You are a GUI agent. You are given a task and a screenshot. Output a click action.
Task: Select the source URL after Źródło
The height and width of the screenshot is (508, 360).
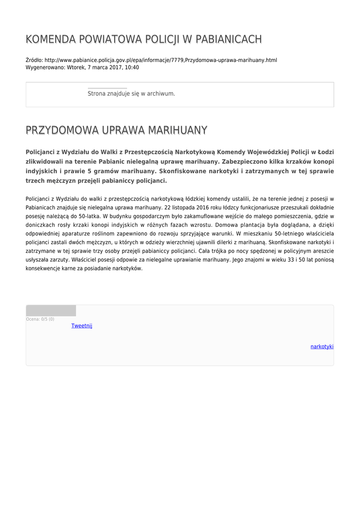[160, 60]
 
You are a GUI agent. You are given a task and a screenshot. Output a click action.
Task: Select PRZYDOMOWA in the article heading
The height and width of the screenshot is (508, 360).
[62, 130]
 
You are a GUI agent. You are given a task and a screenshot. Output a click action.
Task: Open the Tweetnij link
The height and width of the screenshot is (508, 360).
[81, 326]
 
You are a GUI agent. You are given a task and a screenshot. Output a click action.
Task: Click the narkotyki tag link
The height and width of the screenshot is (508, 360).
[322, 346]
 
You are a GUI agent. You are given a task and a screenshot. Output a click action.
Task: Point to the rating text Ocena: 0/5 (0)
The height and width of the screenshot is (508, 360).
[40, 319]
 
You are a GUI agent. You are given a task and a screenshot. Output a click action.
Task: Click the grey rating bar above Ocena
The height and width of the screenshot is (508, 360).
[51, 311]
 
